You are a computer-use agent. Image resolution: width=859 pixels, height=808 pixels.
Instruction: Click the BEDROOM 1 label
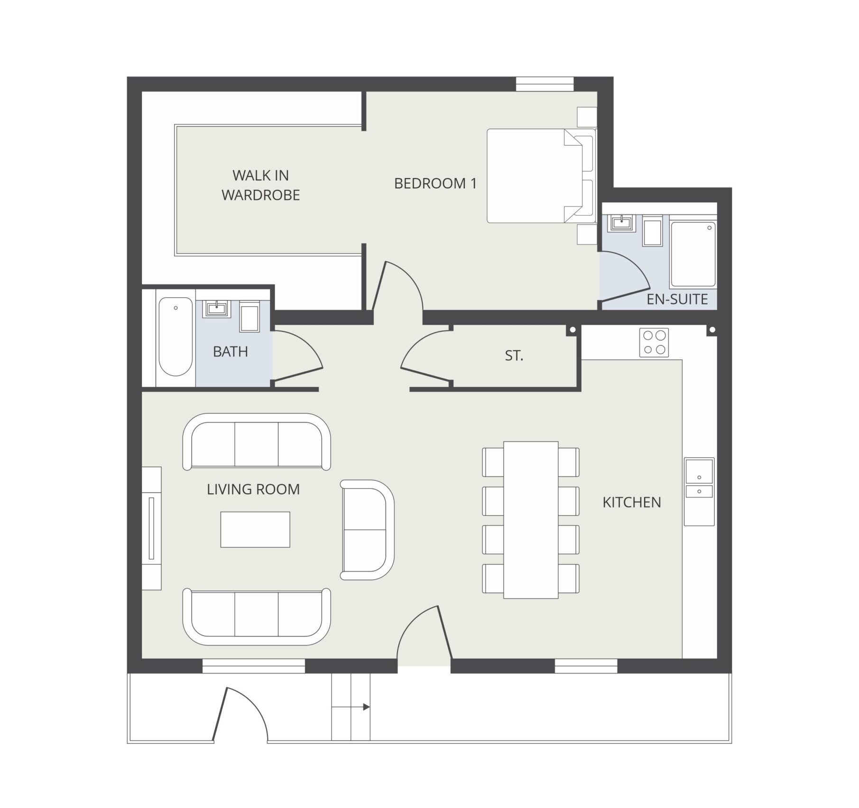pyautogui.click(x=435, y=183)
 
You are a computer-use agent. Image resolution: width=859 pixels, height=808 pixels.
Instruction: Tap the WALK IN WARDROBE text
pyautogui.click(x=260, y=185)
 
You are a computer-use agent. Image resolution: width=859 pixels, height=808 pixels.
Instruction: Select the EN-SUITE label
pyautogui.click(x=677, y=299)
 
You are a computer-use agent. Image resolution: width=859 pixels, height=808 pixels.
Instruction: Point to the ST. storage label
pyautogui.click(x=514, y=356)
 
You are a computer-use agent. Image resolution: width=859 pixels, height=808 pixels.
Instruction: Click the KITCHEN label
pyautogui.click(x=631, y=502)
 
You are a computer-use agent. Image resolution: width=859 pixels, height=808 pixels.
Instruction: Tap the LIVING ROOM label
pyautogui.click(x=253, y=489)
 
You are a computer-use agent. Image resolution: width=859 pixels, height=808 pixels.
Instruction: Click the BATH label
pyautogui.click(x=230, y=352)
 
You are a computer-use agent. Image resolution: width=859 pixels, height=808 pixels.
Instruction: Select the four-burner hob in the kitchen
pyautogui.click(x=654, y=342)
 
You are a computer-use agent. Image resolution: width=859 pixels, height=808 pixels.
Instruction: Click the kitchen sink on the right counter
pyautogui.click(x=699, y=478)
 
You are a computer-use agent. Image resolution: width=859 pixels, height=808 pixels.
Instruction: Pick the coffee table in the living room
pyautogui.click(x=255, y=529)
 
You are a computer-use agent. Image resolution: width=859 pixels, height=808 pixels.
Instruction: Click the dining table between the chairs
pyautogui.click(x=530, y=520)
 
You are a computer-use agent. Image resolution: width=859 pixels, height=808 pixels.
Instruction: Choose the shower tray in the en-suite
pyautogui.click(x=693, y=254)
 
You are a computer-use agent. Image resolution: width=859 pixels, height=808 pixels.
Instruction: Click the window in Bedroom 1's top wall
pyautogui.click(x=545, y=85)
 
